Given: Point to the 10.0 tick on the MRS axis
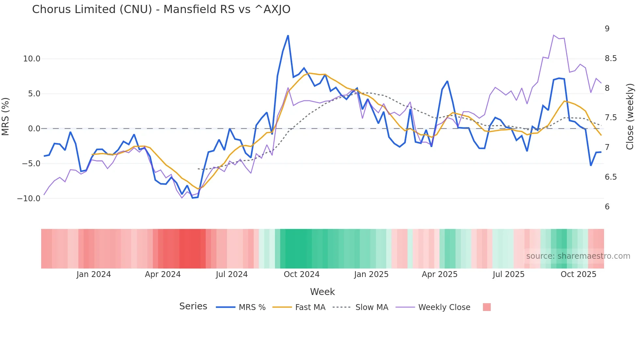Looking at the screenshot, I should point(31,59).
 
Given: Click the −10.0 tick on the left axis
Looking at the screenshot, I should point(29,198).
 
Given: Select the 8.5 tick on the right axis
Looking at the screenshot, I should point(611,58).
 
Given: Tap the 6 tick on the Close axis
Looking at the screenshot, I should point(607,206).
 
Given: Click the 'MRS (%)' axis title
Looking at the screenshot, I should point(6,116).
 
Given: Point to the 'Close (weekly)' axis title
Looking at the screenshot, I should point(630,117).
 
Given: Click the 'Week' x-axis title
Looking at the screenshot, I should point(322,292).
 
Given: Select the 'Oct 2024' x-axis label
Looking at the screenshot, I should point(301,274).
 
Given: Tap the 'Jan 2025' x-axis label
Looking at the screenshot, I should point(371,274).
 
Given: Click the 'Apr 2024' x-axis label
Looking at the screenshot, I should point(163,274).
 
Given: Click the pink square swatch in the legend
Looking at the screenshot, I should point(487,307).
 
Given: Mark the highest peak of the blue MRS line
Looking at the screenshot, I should point(288,36).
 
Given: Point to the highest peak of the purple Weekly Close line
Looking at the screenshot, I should point(554,35).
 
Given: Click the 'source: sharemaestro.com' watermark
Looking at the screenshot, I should point(578,256).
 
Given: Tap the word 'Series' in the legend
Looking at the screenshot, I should point(193,306).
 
